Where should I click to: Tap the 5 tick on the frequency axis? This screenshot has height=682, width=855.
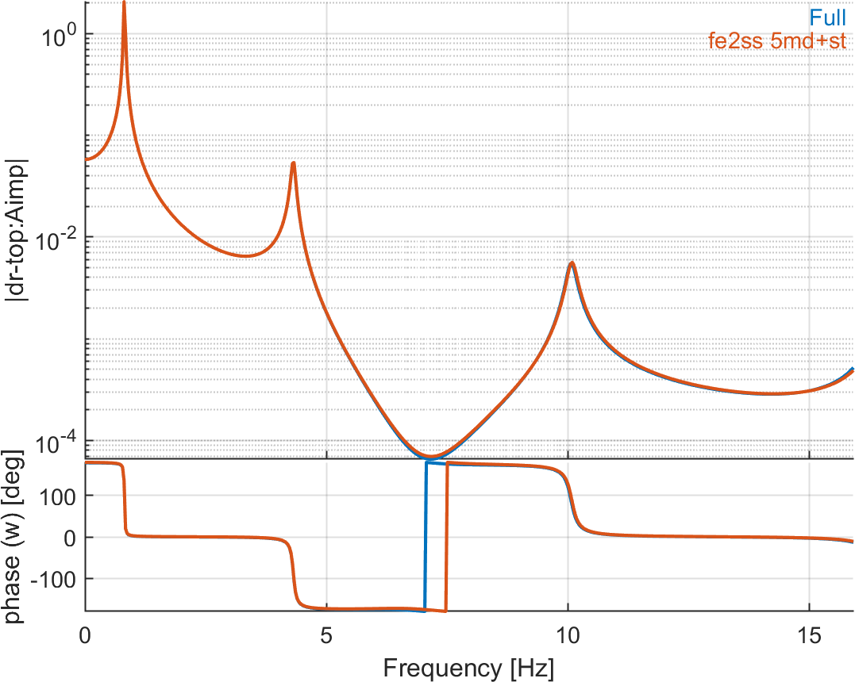click(x=326, y=634)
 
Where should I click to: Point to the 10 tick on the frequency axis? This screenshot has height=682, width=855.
click(x=568, y=634)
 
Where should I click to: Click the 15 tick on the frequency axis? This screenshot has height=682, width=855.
click(x=809, y=634)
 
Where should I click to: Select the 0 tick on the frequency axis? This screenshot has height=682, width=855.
click(x=85, y=634)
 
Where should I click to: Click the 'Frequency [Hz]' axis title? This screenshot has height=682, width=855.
click(x=468, y=667)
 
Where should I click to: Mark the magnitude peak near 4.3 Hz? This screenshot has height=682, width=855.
click(x=294, y=163)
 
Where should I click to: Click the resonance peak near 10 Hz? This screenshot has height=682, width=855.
click(x=571, y=262)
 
